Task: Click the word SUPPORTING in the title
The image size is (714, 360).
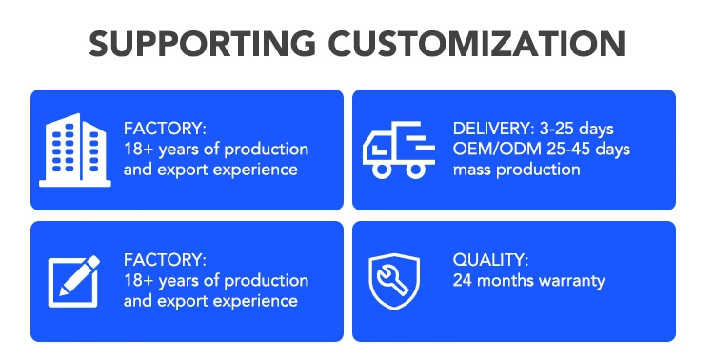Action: click(x=202, y=44)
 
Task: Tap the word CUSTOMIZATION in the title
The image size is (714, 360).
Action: click(x=476, y=44)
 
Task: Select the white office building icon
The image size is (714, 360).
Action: click(x=75, y=150)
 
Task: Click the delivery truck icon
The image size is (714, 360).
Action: click(x=399, y=150)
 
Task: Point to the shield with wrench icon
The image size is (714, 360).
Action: click(x=394, y=281)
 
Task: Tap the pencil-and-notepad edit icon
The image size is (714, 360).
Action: click(x=73, y=281)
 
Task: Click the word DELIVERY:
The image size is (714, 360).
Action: click(x=493, y=129)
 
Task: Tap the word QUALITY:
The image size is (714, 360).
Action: click(x=490, y=260)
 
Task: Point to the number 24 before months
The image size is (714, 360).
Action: click(x=462, y=281)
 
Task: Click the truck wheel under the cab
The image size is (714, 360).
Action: click(x=382, y=170)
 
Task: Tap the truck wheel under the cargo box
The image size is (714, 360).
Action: click(x=415, y=170)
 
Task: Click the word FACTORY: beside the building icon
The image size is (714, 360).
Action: click(x=165, y=129)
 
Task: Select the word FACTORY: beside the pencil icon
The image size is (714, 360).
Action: click(x=165, y=260)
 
